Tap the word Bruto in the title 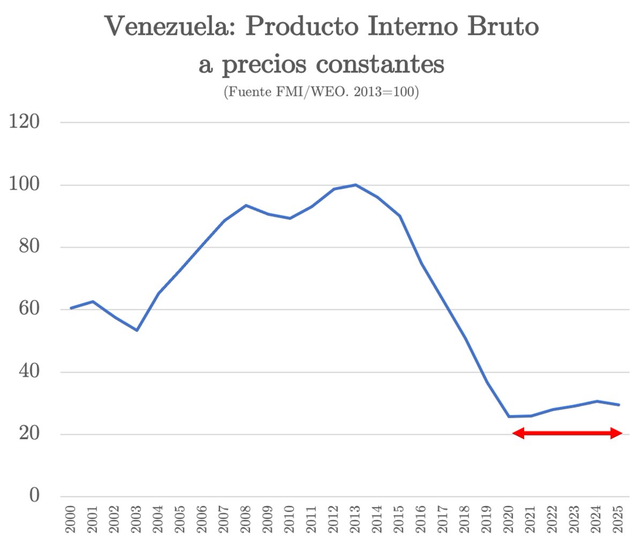(x=503, y=26)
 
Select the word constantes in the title (x=380, y=64)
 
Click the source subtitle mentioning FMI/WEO (x=321, y=92)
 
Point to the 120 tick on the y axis (x=25, y=122)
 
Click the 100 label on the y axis (x=25, y=185)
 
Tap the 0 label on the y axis (x=34, y=495)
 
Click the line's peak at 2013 (x=355, y=185)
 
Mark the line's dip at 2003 (x=137, y=330)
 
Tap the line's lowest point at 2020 (x=509, y=416)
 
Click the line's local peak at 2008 (x=246, y=205)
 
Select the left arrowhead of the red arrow (x=518, y=433)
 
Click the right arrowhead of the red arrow (x=617, y=433)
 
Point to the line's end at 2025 (x=619, y=405)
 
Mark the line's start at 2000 (x=71, y=308)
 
